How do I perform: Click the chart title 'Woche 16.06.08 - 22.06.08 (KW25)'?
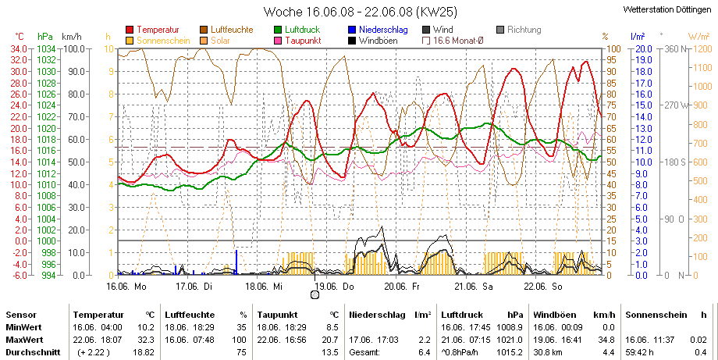[361, 12]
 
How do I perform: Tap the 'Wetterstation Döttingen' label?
[667, 9]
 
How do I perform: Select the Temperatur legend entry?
[152, 30]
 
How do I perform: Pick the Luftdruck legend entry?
[297, 30]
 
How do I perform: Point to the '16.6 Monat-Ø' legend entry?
[453, 41]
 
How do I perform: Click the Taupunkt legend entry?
[297, 41]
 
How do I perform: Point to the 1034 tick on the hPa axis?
[45, 49]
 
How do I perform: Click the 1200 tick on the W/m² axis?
[704, 49]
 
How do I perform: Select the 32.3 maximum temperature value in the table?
[148, 340]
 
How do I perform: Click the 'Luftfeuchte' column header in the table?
[190, 315]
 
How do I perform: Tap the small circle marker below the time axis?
[315, 295]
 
